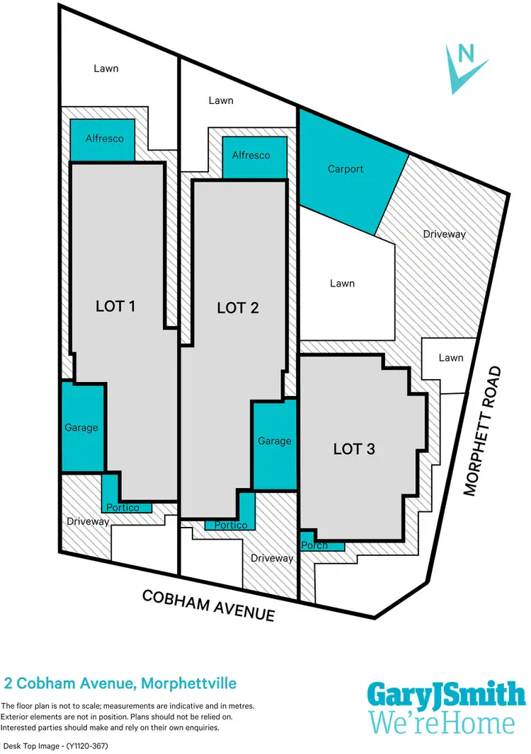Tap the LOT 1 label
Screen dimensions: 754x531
tap(115, 306)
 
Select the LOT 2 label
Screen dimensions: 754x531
tap(237, 308)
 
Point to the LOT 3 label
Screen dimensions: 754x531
tap(353, 448)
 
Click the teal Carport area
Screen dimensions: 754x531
tap(346, 169)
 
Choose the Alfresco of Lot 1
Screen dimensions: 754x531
tap(104, 139)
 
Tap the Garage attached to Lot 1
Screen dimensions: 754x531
tap(81, 427)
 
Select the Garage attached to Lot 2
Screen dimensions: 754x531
tap(274, 441)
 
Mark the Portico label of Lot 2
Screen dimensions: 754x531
tap(231, 526)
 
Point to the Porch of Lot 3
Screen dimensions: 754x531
tap(314, 545)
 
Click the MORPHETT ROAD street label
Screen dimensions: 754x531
tap(483, 431)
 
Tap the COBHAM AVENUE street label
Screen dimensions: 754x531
tap(208, 605)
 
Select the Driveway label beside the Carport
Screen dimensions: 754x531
tap(444, 233)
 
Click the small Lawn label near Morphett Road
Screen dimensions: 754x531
tap(450, 358)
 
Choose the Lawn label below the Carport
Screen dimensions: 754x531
tap(342, 284)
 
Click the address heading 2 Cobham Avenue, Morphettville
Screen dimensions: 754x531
tap(120, 684)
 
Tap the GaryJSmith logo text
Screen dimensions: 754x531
tap(446, 695)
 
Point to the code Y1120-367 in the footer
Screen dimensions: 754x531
tap(79, 746)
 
